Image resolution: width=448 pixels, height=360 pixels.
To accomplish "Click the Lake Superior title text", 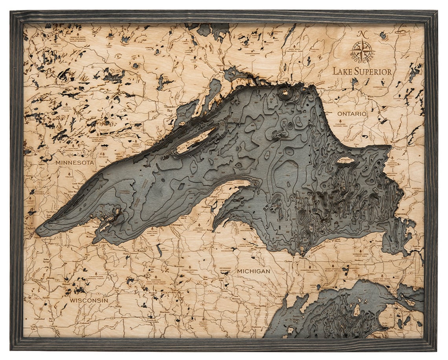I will tap(362, 71).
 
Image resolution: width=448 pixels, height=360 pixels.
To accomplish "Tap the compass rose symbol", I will tap(362, 50).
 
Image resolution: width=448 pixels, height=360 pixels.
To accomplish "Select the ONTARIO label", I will tap(352, 113).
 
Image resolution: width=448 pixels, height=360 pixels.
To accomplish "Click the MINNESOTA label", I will tap(75, 162).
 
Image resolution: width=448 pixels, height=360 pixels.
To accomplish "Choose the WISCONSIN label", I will tap(89, 300).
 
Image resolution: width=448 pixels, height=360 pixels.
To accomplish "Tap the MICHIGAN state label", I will tap(253, 271).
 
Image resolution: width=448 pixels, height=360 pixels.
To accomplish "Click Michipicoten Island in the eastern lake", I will tap(346, 160).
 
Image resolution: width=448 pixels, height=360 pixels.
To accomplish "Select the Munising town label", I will tap(289, 261).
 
